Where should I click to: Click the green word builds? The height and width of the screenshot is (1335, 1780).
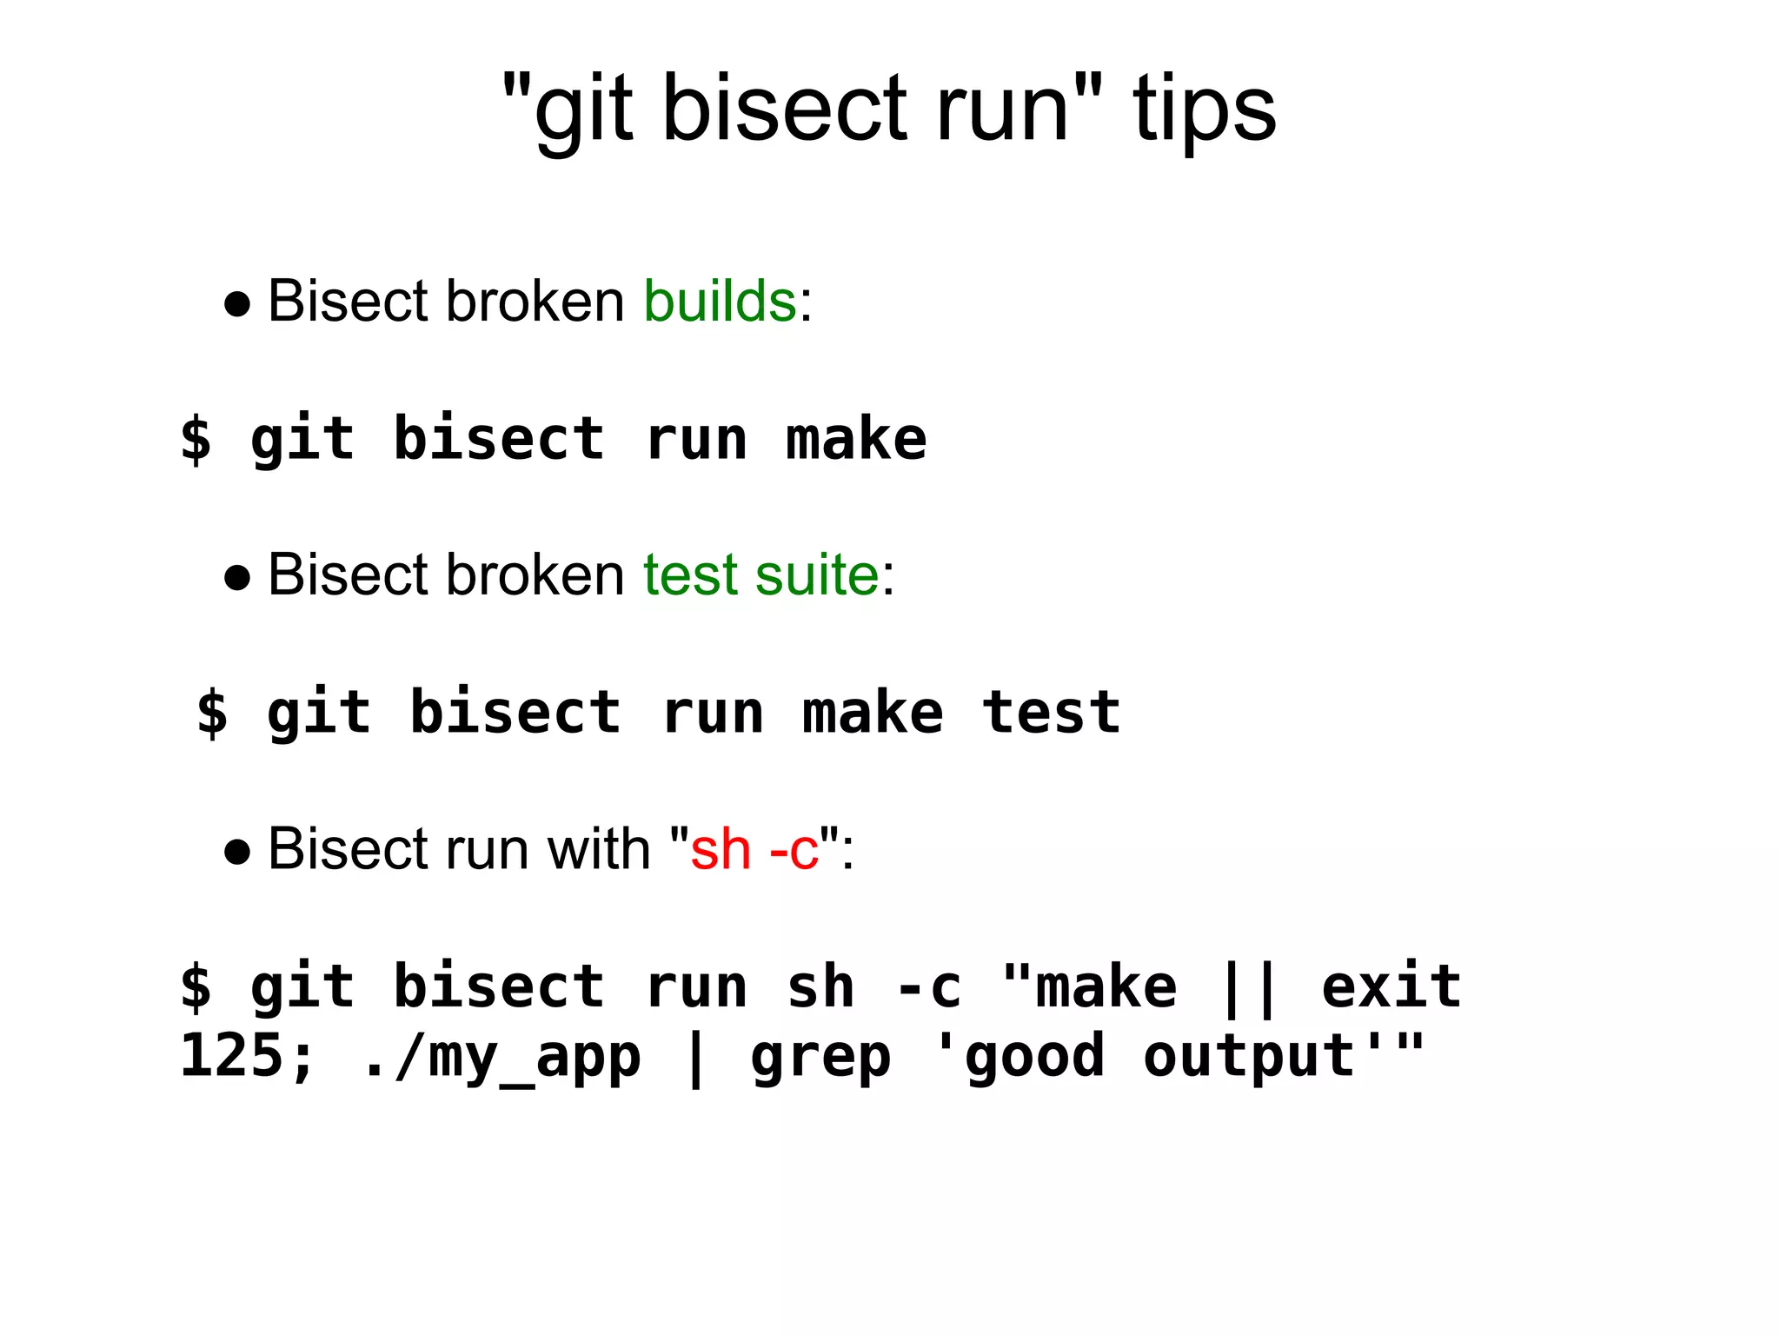point(720,302)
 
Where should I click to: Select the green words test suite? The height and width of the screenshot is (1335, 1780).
point(761,575)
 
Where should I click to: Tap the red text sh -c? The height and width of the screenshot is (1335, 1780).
point(754,849)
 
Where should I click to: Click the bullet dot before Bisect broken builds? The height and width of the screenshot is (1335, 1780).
point(237,305)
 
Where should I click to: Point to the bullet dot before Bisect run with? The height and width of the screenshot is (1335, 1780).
point(237,853)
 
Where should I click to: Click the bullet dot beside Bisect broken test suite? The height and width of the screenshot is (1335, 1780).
point(237,579)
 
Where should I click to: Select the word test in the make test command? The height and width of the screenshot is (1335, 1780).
point(1051,712)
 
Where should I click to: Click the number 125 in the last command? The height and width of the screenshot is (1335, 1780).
point(231,1056)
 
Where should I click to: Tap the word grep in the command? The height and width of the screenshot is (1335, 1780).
point(820,1058)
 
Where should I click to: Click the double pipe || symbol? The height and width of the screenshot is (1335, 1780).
point(1249,987)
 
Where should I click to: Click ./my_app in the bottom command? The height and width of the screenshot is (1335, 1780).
point(501,1058)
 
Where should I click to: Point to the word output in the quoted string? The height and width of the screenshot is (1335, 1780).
point(1249,1058)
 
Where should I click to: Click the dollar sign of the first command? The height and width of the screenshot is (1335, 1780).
point(196,439)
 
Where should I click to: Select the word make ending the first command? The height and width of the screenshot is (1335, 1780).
point(856,439)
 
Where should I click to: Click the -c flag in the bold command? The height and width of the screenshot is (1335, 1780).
point(928,987)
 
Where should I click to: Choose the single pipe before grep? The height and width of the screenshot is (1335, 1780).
point(695,1058)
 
